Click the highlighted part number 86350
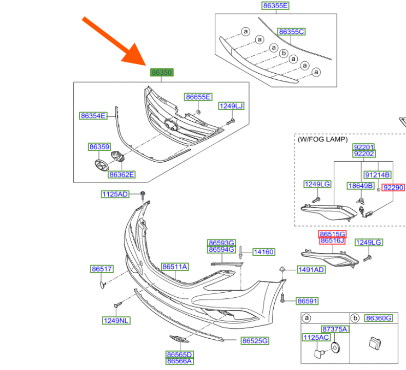[x=161, y=73]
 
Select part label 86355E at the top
[x=275, y=6]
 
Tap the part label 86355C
[x=291, y=32]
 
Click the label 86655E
[x=198, y=97]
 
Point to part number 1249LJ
[x=231, y=106]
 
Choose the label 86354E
[x=93, y=116]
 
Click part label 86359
[x=99, y=147]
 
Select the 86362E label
[x=121, y=175]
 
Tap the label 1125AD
[x=114, y=194]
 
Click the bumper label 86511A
[x=175, y=267]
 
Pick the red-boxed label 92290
[x=394, y=188]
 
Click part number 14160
[x=263, y=252]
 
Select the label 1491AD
[x=311, y=270]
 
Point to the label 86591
[x=308, y=301]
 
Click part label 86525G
[x=255, y=340]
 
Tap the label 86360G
[x=379, y=318]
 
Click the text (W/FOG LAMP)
[x=322, y=139]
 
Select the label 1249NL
[x=116, y=321]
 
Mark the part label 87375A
[x=334, y=329]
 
